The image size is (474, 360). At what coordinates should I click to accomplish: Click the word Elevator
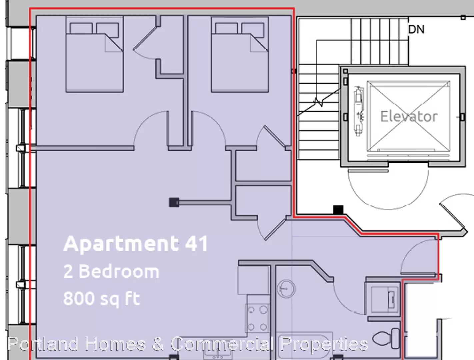(x=409, y=116)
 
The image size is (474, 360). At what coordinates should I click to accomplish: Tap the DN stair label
(x=416, y=29)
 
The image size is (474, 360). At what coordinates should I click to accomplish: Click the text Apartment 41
(x=135, y=244)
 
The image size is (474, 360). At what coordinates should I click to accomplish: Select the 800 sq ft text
(x=102, y=298)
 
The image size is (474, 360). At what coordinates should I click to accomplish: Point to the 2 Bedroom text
(x=111, y=271)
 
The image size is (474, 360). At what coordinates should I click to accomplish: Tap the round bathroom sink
(x=286, y=289)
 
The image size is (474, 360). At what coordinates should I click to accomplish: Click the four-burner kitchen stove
(x=257, y=318)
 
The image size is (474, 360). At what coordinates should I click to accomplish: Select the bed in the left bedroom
(x=95, y=54)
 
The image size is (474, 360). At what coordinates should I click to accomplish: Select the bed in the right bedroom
(x=240, y=54)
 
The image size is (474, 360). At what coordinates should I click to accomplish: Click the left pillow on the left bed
(x=81, y=28)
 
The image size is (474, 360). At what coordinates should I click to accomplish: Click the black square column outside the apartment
(x=338, y=210)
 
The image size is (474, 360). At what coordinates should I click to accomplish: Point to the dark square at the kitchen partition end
(x=174, y=203)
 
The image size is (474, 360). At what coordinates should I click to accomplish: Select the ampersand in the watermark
(x=158, y=344)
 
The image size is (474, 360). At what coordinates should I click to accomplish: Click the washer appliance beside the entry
(x=385, y=299)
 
